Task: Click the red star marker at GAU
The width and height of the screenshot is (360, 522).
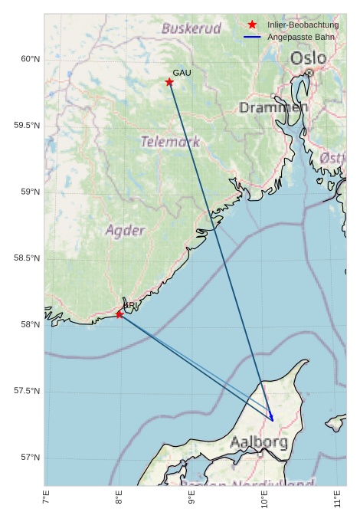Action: pos(169,82)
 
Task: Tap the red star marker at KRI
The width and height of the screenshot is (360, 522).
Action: pos(119,314)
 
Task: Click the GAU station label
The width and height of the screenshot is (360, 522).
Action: pos(182,73)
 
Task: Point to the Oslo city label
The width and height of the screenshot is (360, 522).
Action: pos(308,58)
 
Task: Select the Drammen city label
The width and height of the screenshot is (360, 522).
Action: pos(273,108)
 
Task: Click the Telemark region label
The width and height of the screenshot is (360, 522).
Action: pos(170,142)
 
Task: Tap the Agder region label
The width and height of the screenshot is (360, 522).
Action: pos(125,230)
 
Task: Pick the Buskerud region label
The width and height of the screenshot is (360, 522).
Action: pos(191,29)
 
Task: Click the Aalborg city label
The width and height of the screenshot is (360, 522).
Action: pos(259,442)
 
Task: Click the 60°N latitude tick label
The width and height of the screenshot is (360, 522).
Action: pos(29,59)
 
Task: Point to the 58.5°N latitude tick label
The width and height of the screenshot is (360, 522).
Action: pos(27,258)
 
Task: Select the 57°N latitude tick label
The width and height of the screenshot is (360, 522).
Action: pos(29,458)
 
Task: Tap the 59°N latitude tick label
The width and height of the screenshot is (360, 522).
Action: pos(29,192)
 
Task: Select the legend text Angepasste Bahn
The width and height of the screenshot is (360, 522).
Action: pos(300,37)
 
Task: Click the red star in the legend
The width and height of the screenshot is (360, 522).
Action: pos(252,25)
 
